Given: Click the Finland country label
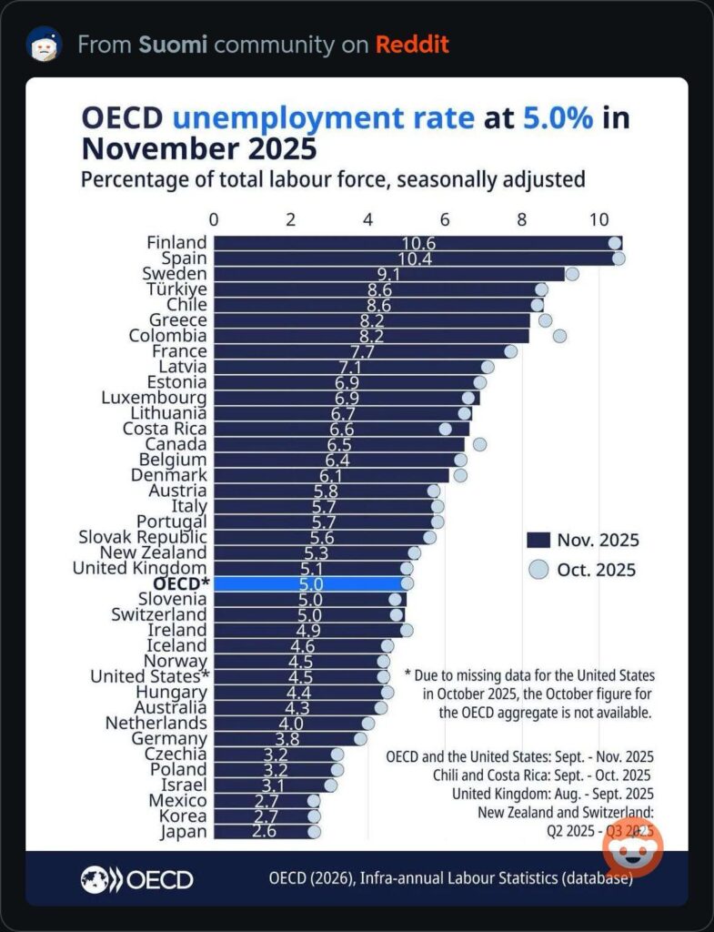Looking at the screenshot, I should (176, 242).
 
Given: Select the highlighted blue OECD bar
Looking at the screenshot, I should (309, 583).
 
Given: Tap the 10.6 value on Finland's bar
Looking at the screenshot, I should (417, 243).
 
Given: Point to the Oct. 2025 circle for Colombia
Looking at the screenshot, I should (559, 336).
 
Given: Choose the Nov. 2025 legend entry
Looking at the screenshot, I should (583, 540).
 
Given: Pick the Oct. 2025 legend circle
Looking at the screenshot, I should (539, 570).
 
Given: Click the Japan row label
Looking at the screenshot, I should (184, 831).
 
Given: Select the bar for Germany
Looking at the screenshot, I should (287, 738).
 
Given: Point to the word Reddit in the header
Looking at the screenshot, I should (412, 45).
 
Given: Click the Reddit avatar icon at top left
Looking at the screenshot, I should (44, 44).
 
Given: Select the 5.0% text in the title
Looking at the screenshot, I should (556, 119).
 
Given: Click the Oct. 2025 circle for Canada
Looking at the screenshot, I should (479, 444).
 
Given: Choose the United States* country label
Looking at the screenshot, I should (150, 676).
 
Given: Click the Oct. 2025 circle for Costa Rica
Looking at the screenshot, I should (445, 429).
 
